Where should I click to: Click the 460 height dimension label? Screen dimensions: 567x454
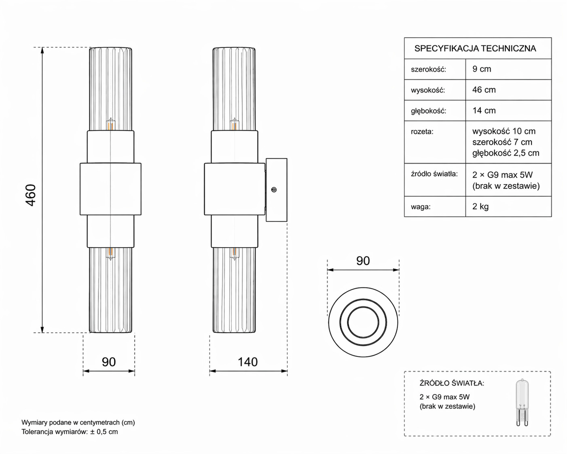(x=31, y=195)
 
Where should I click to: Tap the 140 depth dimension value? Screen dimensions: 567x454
(x=248, y=362)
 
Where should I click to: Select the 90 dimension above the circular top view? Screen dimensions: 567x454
(x=363, y=261)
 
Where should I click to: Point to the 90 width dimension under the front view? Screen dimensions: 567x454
(x=108, y=362)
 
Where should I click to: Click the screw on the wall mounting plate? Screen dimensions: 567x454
(x=274, y=189)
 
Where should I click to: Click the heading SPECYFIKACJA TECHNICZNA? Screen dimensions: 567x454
(x=475, y=49)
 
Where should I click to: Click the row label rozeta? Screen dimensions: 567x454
(x=422, y=132)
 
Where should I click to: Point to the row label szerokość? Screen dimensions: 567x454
(x=428, y=70)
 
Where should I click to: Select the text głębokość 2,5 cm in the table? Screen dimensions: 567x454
(x=506, y=153)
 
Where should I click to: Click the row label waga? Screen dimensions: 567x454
(x=421, y=207)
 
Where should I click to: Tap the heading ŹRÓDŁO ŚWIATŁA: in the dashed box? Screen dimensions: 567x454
(x=452, y=383)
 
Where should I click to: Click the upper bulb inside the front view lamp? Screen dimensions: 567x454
(x=111, y=124)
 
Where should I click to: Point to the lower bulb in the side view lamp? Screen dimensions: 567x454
(x=234, y=254)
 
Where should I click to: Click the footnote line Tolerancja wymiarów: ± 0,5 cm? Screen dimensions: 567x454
(x=70, y=432)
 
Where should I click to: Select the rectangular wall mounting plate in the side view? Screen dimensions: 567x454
(x=276, y=190)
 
